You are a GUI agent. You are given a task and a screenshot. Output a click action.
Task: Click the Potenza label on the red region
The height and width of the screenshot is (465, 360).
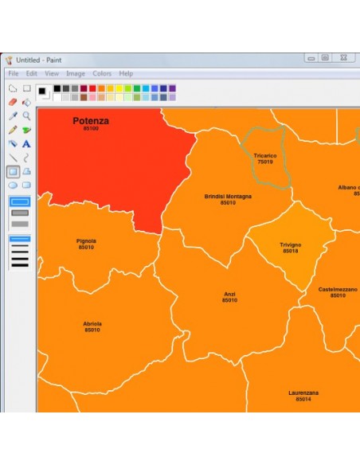coord(91,121)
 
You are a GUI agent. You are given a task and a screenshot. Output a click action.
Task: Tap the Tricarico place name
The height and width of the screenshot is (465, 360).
coord(264,155)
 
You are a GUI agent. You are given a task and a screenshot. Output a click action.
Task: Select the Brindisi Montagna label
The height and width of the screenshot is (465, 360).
coord(228,196)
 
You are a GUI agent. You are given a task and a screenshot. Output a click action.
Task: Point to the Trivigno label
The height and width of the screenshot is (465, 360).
coord(290,244)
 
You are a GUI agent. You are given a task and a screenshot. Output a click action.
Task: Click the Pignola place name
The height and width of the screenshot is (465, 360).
coord(86,240)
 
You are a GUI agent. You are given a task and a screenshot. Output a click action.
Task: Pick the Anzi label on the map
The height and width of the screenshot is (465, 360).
coord(229,294)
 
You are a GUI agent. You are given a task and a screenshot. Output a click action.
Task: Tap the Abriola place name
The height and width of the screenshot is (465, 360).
coord(92,323)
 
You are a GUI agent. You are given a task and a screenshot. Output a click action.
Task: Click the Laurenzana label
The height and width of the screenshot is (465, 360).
coord(303,393)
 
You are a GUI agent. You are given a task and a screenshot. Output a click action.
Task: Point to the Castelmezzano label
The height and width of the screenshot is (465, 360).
coord(338,289)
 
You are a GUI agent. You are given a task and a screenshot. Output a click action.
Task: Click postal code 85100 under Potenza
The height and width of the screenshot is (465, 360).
coord(91,128)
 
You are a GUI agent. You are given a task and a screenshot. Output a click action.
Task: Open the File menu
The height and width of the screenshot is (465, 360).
coord(14,73)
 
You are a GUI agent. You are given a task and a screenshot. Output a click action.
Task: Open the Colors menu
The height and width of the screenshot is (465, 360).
coord(102,73)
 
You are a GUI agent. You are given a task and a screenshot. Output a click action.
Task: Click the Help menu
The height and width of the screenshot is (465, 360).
coord(126,73)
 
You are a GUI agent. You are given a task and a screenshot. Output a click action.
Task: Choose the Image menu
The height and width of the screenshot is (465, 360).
coord(76,73)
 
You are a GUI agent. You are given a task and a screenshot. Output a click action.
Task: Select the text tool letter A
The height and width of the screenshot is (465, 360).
coord(26,143)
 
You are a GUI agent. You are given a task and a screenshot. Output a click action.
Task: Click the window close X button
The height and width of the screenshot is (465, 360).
coord(343,58)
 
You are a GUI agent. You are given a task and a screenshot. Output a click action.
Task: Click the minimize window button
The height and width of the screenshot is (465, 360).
coord(310,58)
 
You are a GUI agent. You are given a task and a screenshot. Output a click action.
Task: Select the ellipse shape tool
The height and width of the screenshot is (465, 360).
coord(13,185)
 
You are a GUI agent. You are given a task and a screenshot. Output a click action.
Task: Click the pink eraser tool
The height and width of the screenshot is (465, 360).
coord(13,102)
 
